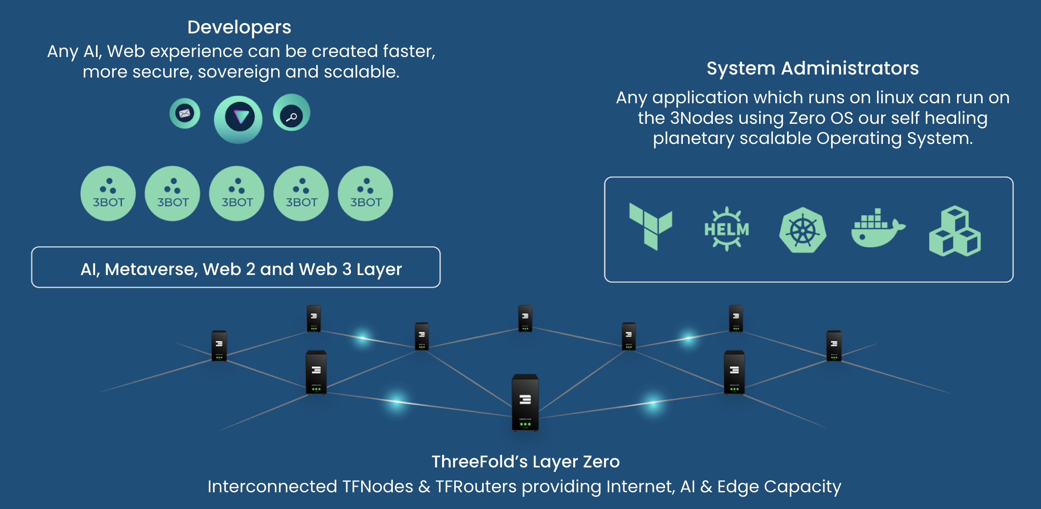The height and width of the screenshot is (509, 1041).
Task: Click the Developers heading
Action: [x=239, y=27]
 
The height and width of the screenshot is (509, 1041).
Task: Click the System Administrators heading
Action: [x=812, y=69]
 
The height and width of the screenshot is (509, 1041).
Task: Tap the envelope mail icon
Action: [x=185, y=114]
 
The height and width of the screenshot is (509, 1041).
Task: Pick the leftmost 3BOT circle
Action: [x=108, y=194]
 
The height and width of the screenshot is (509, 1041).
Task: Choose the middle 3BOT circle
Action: [x=237, y=194]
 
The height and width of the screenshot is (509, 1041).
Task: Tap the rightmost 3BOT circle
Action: [x=365, y=194]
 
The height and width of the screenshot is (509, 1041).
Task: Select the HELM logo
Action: [x=727, y=229]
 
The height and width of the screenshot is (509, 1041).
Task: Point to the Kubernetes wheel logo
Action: [x=802, y=231]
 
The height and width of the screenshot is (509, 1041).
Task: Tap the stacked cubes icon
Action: [x=954, y=231]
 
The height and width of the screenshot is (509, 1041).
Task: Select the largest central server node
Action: [x=525, y=402]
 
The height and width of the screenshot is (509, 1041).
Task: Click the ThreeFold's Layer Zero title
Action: [x=525, y=462]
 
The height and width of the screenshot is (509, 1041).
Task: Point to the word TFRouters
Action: [x=476, y=487]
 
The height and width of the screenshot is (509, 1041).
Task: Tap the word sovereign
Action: [x=238, y=72]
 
